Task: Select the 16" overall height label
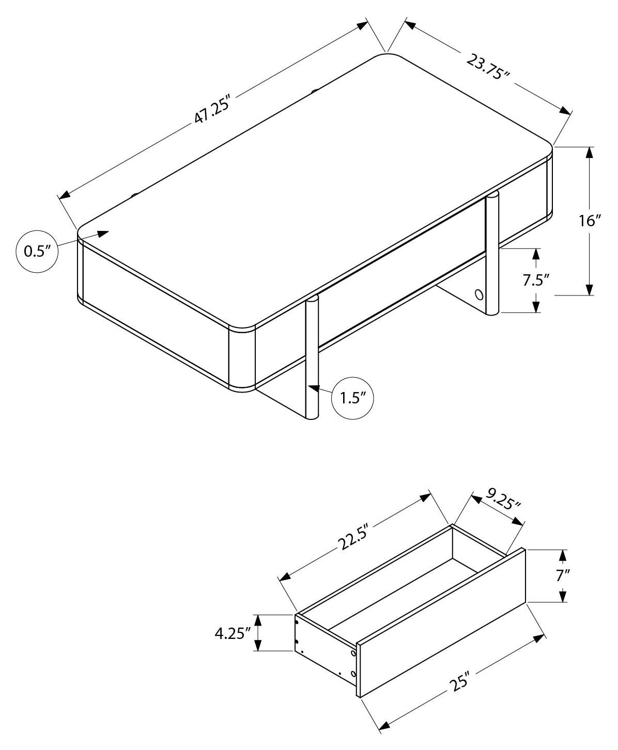pyautogui.click(x=590, y=220)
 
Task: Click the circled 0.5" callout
pyautogui.click(x=37, y=251)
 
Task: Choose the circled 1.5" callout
pyautogui.click(x=352, y=398)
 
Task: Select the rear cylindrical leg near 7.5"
pyautogui.click(x=492, y=254)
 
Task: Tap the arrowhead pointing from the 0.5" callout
pyautogui.click(x=103, y=233)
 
